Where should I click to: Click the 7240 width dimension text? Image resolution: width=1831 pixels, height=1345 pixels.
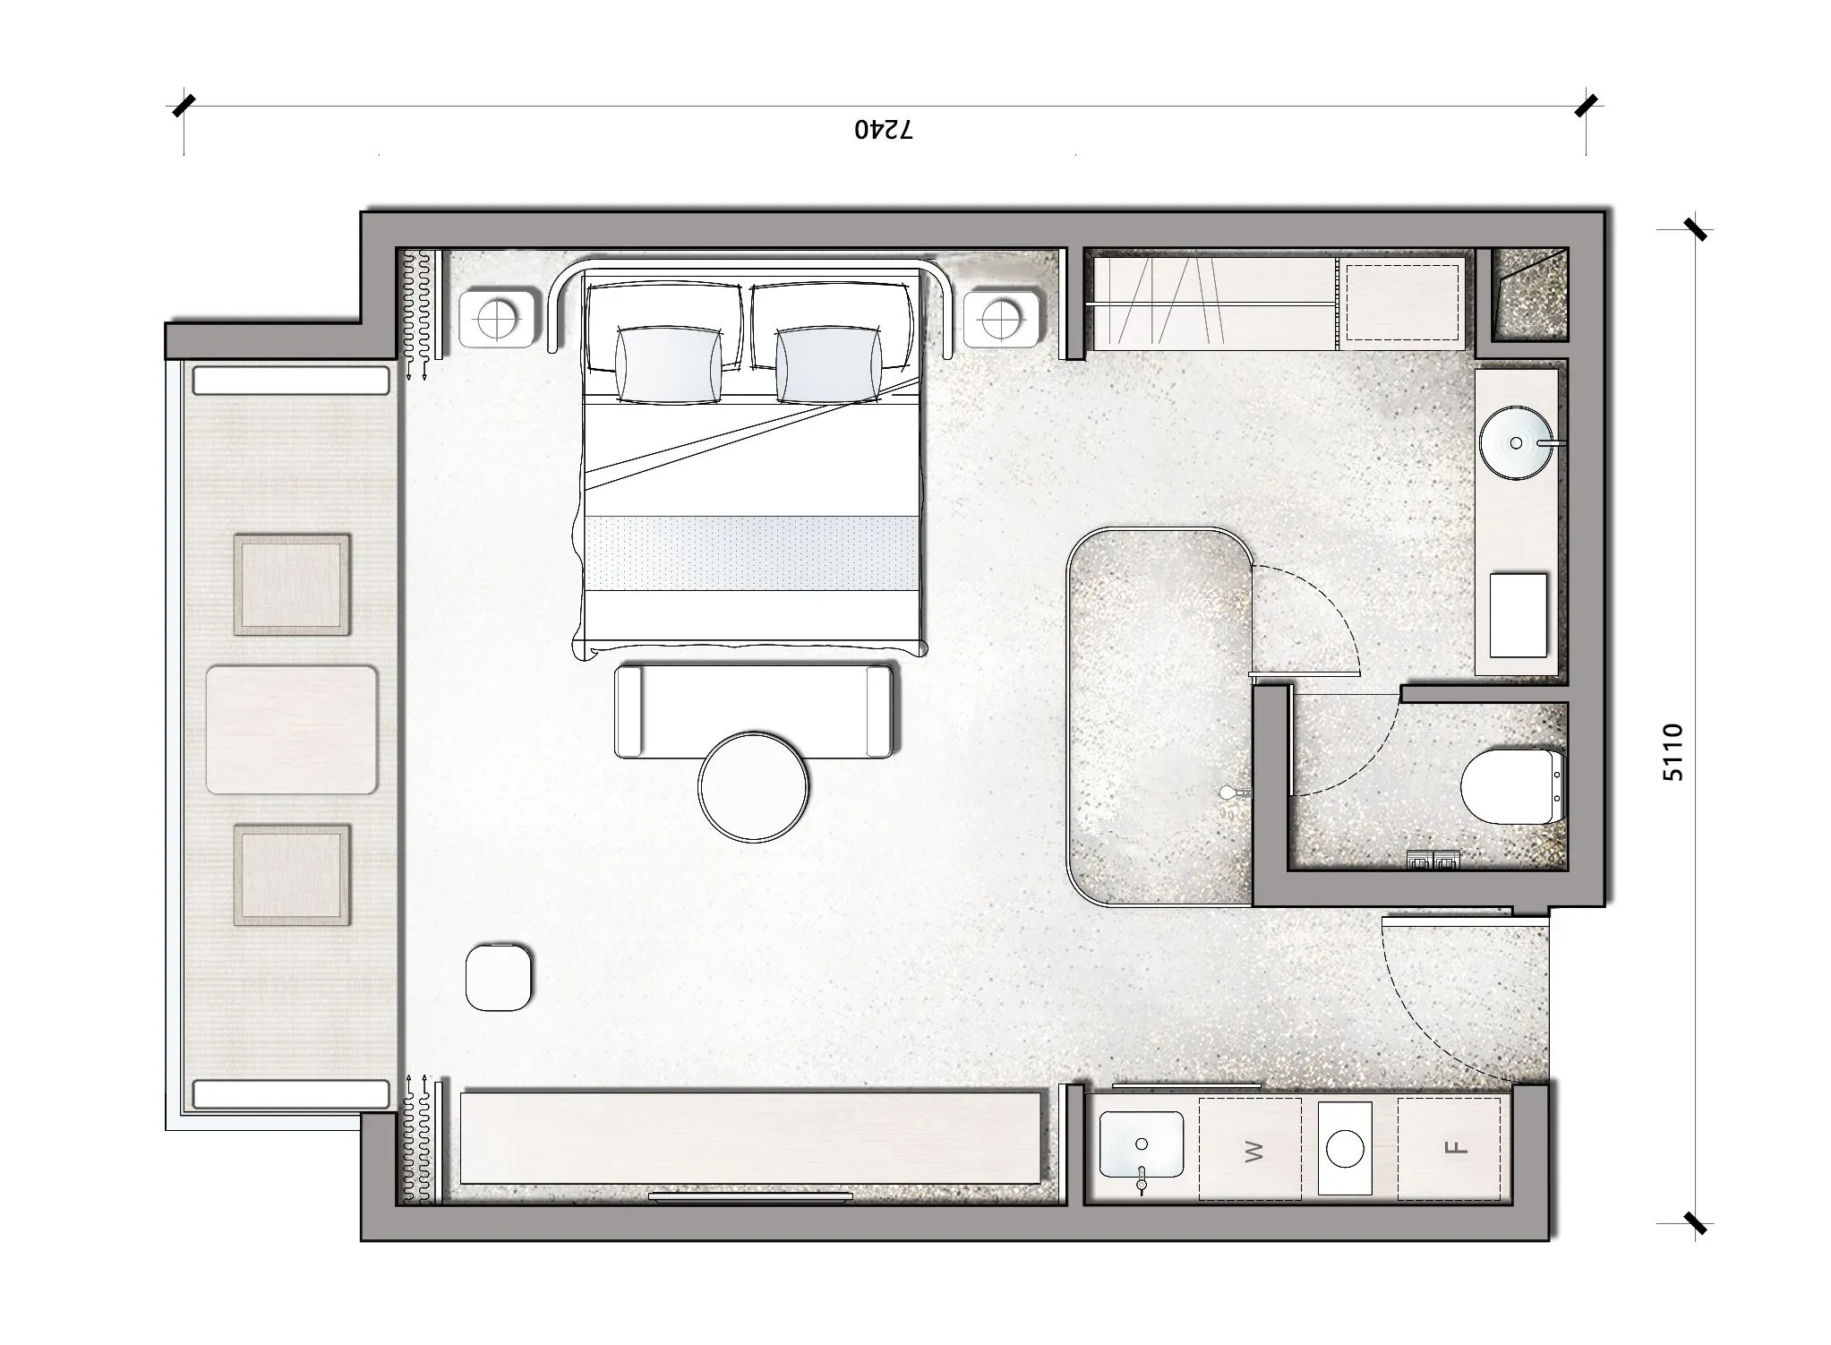[883, 131]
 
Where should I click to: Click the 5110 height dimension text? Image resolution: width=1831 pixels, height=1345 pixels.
[1673, 752]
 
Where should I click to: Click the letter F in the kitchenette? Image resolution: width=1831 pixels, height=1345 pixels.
[1457, 1148]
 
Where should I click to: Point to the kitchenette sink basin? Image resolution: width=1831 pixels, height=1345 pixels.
[1141, 1145]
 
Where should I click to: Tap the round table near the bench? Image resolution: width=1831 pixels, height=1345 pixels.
[753, 787]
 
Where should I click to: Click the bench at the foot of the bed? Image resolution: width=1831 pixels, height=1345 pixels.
[754, 711]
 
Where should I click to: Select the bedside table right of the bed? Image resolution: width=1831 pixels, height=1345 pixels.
[1001, 317]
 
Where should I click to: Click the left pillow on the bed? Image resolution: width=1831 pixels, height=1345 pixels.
[668, 364]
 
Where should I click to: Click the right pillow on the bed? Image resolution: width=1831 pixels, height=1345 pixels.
[827, 365]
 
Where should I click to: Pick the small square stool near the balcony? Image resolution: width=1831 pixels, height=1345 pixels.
[499, 977]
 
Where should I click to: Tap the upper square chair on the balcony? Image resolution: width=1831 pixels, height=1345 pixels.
[292, 585]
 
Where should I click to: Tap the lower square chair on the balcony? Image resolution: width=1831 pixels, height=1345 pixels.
[292, 875]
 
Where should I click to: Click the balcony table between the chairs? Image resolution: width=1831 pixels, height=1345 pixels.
[291, 730]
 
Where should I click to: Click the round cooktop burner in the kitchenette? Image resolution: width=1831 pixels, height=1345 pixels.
[1345, 1149]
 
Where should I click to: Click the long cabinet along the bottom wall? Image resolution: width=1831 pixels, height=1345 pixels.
[750, 1137]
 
